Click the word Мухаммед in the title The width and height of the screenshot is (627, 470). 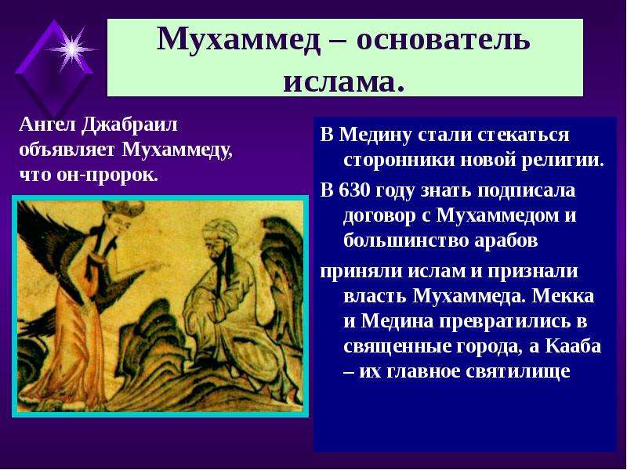coord(239,40)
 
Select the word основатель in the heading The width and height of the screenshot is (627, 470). coord(443,41)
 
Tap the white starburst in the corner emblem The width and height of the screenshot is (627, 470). coord(71,49)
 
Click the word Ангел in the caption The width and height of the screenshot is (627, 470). coord(47,125)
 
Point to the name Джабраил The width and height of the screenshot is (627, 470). coord(129,126)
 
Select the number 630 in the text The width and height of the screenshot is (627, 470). coord(353,190)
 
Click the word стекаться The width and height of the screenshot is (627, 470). coord(523,135)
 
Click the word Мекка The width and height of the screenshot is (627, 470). coord(564,296)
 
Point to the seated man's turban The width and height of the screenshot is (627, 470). coord(219,230)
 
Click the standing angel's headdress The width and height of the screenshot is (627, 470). coord(123,208)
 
